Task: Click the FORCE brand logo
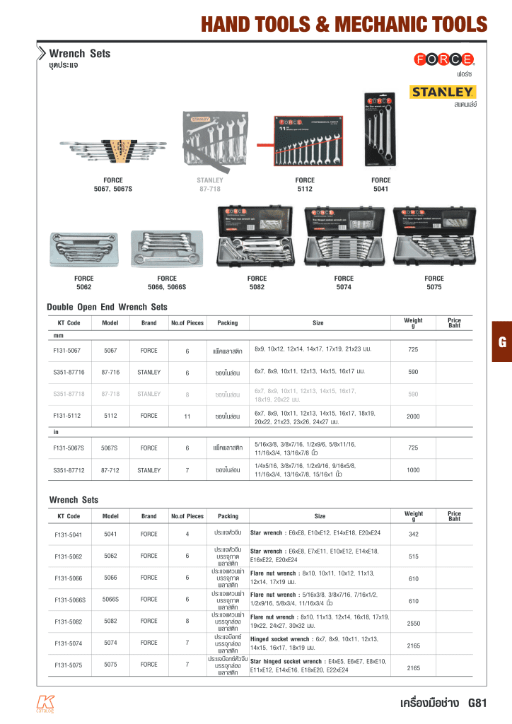click(444, 59)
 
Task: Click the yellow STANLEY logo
click(443, 92)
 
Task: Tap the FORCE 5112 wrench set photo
click(305, 144)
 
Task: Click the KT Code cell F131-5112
click(67, 416)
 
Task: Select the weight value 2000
click(413, 417)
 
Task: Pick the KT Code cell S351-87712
click(69, 469)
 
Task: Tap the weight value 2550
click(414, 624)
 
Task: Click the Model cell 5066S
click(109, 599)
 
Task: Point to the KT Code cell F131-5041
click(69, 534)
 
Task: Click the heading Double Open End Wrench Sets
click(107, 307)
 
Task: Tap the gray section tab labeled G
click(502, 342)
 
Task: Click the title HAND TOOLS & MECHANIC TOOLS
click(344, 25)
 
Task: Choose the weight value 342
click(414, 534)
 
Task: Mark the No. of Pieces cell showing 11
click(187, 416)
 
